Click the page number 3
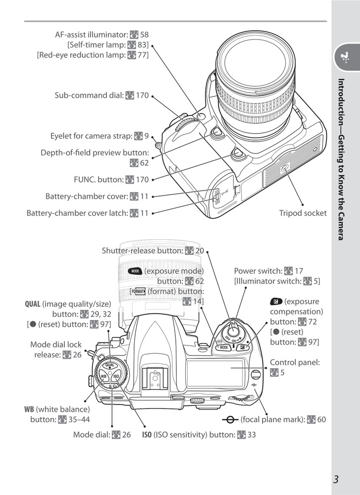336,479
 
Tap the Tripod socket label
303,213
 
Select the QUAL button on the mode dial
109,365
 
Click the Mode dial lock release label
55,349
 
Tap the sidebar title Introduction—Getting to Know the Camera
341,159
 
